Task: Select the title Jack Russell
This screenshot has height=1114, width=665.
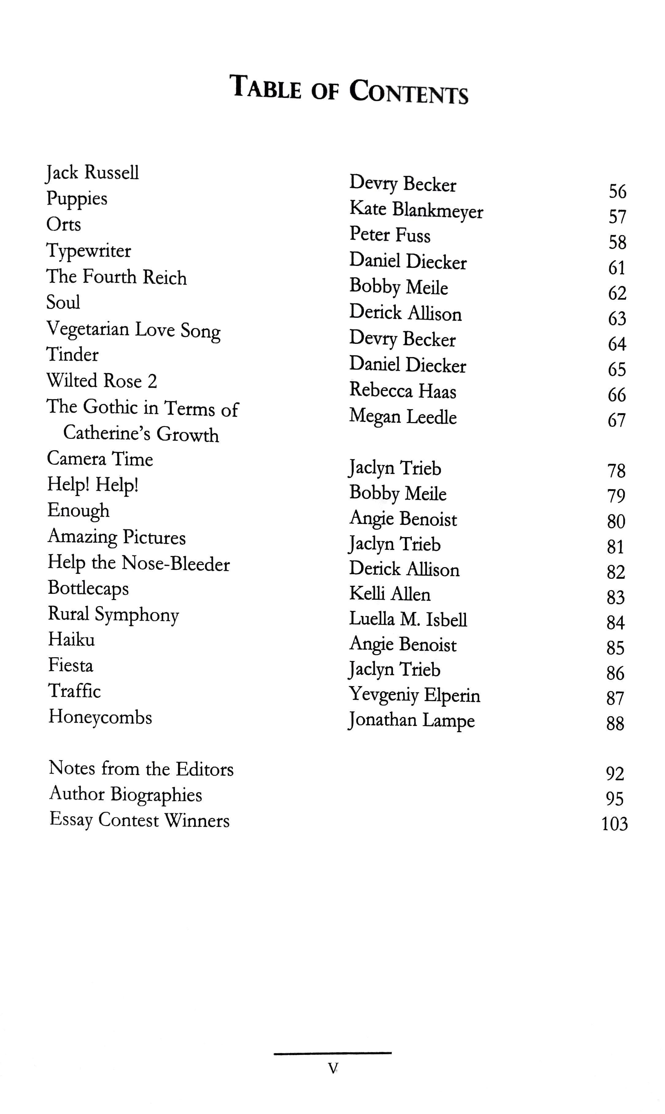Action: tap(92, 172)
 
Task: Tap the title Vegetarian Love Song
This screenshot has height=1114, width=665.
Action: tap(133, 330)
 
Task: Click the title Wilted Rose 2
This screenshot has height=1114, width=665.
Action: tap(102, 381)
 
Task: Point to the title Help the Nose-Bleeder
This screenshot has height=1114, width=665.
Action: tap(138, 563)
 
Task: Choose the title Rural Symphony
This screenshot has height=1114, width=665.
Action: tap(113, 614)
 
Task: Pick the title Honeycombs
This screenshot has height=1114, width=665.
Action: tap(100, 717)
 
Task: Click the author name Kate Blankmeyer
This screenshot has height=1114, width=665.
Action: tap(416, 210)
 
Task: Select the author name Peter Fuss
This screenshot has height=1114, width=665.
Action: tap(390, 235)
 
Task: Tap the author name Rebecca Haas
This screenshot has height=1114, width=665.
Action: tap(402, 391)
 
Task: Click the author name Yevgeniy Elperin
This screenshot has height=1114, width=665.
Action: tap(414, 695)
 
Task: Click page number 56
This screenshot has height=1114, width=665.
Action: tap(617, 192)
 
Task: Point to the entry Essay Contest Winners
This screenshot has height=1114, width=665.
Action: tap(139, 820)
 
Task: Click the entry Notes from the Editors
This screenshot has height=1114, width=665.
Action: tap(141, 769)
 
